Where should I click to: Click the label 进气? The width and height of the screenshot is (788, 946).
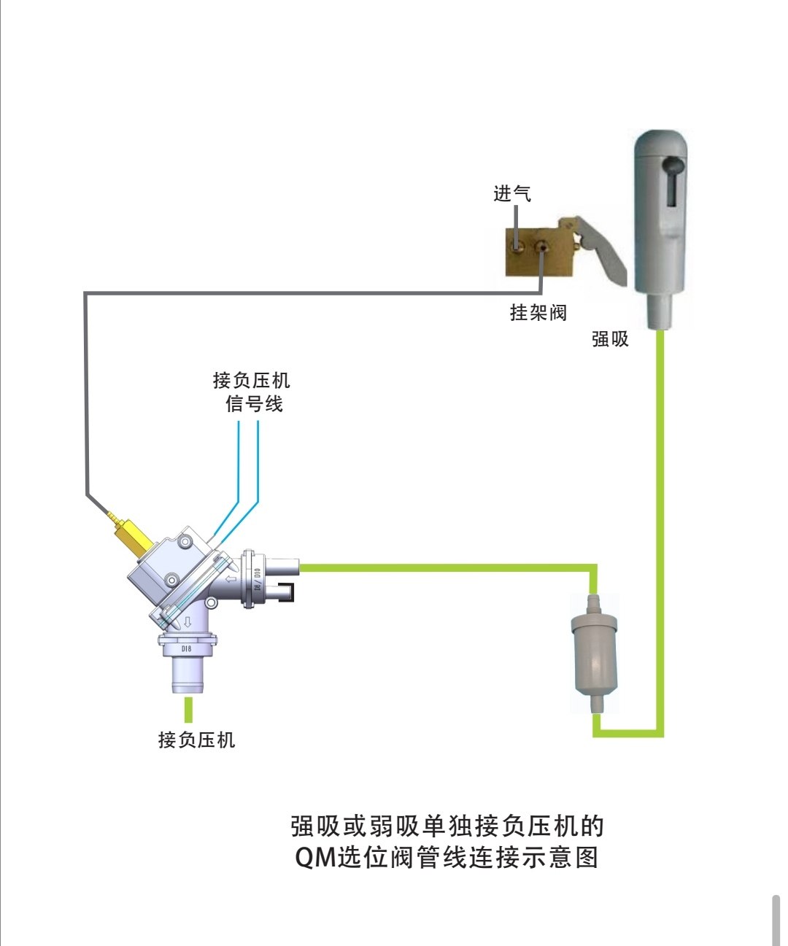pyautogui.click(x=512, y=194)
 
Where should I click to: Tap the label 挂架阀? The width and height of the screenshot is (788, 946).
pyautogui.click(x=538, y=313)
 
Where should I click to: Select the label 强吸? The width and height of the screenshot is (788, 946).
pyautogui.click(x=610, y=339)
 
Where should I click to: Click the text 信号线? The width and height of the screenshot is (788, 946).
pyautogui.click(x=254, y=404)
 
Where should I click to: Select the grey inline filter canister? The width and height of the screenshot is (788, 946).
pyautogui.click(x=594, y=653)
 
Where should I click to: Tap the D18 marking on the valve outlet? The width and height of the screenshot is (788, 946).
pyautogui.click(x=187, y=648)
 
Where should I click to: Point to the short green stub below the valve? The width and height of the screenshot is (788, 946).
pyautogui.click(x=188, y=710)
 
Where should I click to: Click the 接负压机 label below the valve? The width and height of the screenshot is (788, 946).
pyautogui.click(x=196, y=740)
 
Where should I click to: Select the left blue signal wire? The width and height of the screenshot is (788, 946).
pyautogui.click(x=239, y=467)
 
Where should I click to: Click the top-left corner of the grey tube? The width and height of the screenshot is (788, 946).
pyautogui.click(x=87, y=294)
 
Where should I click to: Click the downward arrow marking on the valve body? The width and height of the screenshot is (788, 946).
pyautogui.click(x=188, y=622)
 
